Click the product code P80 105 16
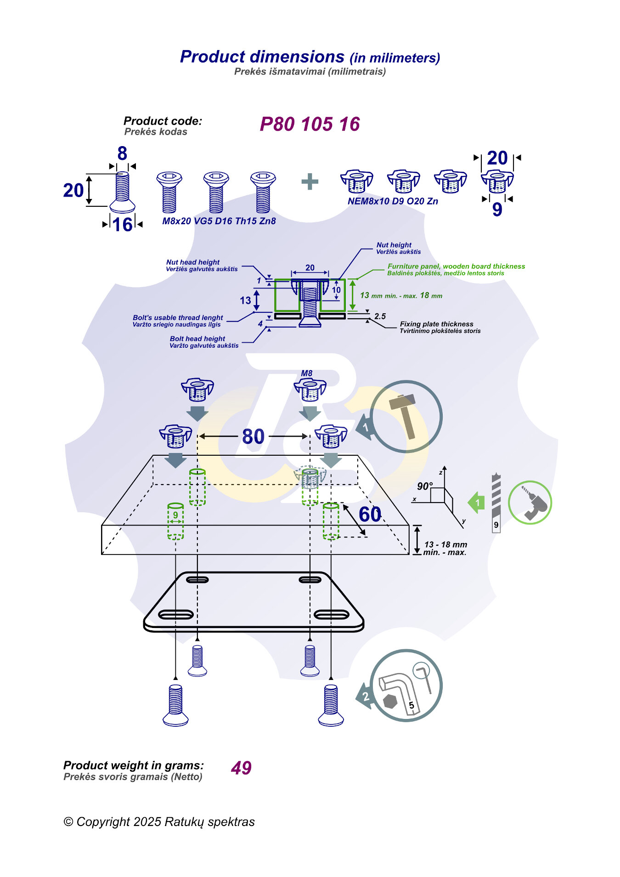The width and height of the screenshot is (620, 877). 310,124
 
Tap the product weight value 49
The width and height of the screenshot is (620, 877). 241,768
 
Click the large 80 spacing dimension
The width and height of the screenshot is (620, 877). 253,436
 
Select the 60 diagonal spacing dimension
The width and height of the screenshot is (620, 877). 370,514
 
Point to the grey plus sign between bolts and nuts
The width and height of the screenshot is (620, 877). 310,182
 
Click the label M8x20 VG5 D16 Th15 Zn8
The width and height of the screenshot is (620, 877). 219,221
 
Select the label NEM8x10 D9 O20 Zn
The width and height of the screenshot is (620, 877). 393,201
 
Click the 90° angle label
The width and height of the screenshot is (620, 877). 425,486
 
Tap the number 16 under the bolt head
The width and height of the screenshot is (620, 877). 122,225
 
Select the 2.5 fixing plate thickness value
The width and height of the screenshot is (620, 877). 380,316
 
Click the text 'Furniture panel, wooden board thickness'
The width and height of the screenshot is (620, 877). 456,266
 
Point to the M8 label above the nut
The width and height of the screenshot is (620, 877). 306,373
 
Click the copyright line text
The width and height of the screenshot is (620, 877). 159,822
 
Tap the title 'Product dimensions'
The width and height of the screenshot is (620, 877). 262,57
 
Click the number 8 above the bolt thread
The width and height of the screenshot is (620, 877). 122,153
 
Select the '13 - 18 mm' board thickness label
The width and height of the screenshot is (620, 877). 445,544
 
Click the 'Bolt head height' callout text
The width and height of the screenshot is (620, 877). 197,339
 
